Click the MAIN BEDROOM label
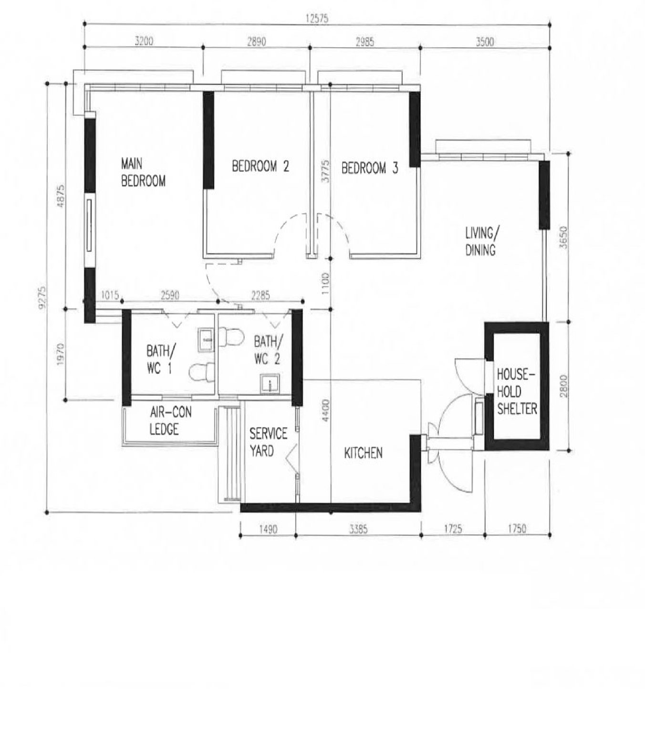point(143,172)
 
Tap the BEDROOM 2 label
point(260,166)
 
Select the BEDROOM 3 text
point(370,168)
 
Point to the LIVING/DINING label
point(482,241)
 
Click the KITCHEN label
point(363,453)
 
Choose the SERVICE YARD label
point(268,442)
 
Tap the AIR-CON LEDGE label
point(170,420)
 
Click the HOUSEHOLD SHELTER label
point(517,391)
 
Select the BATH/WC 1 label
point(161,360)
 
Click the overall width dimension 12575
point(317,19)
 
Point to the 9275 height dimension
point(42,298)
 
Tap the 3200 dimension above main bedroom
point(144,41)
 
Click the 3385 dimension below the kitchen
point(358,529)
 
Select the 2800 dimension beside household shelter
point(563,386)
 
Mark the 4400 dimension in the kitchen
point(325,410)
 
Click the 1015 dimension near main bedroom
point(110,295)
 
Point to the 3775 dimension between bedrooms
point(325,171)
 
